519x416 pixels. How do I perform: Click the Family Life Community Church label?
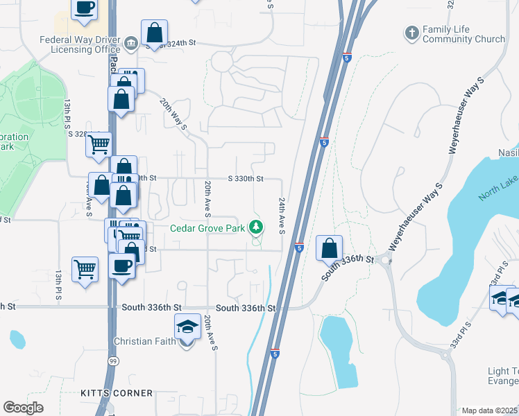[463, 34]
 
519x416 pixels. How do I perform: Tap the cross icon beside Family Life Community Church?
[411, 33]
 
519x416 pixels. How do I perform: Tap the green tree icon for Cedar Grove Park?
[257, 227]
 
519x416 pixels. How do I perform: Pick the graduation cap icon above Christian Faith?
[187, 327]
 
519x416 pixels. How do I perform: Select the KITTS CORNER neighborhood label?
[117, 393]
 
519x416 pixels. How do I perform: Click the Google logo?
[23, 408]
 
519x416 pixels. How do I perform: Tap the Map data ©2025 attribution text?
[490, 410]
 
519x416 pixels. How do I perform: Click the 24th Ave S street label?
[282, 215]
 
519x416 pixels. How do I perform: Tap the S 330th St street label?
[246, 178]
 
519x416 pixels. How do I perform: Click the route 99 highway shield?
[112, 361]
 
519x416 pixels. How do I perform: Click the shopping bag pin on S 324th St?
[154, 32]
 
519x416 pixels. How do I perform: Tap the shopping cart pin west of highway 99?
[85, 268]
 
